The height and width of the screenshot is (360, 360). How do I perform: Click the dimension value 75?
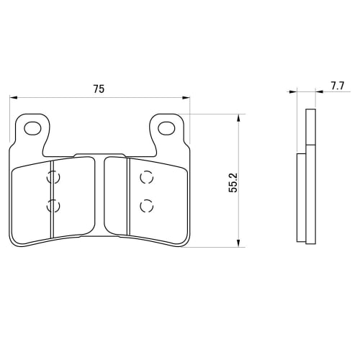pos(99,89)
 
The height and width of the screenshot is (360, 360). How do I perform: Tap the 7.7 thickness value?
pos(337,86)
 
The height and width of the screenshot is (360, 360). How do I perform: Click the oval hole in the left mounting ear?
pos(32,129)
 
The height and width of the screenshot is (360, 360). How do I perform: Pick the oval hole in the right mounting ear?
pos(167,129)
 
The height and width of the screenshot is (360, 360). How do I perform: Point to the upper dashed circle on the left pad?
pos(53,177)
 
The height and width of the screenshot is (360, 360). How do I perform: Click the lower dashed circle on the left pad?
pos(53,207)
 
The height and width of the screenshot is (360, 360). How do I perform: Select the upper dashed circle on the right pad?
pos(146,177)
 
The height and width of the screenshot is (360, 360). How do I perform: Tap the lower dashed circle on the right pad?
pos(146,206)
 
